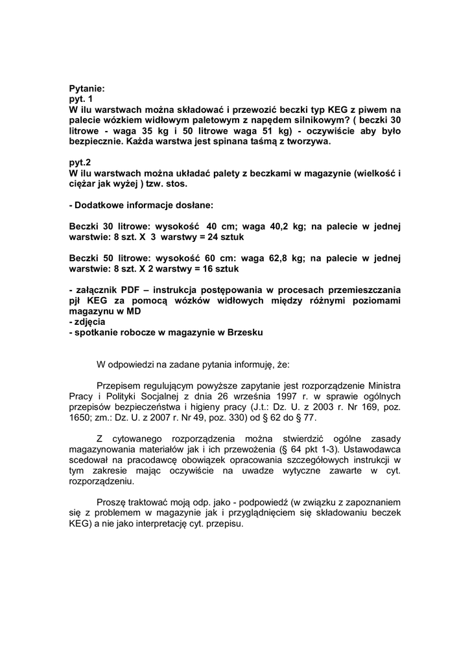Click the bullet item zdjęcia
click(x=89, y=322)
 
